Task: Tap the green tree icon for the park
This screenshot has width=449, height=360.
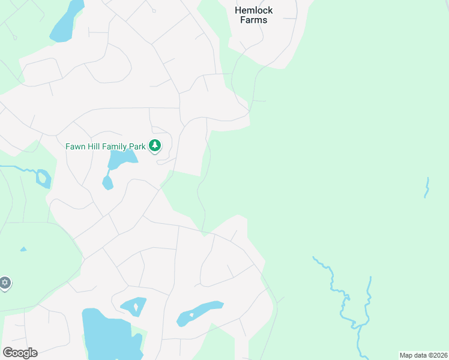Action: pos(155,145)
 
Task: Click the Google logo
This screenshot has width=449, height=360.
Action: pos(20,352)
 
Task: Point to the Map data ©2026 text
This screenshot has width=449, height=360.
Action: pos(423,355)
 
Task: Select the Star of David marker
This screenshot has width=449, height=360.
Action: pos(5,283)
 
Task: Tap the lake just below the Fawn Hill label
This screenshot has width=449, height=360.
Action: pos(122,159)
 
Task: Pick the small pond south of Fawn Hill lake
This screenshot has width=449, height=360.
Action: pos(107,182)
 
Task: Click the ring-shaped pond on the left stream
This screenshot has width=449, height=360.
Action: pos(43,178)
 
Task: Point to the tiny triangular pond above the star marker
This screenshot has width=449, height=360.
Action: pos(23,249)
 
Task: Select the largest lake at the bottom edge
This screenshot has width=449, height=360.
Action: pos(108,336)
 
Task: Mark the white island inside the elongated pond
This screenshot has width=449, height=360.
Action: pos(190,314)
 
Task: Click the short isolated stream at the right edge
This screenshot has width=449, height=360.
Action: pos(427,187)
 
